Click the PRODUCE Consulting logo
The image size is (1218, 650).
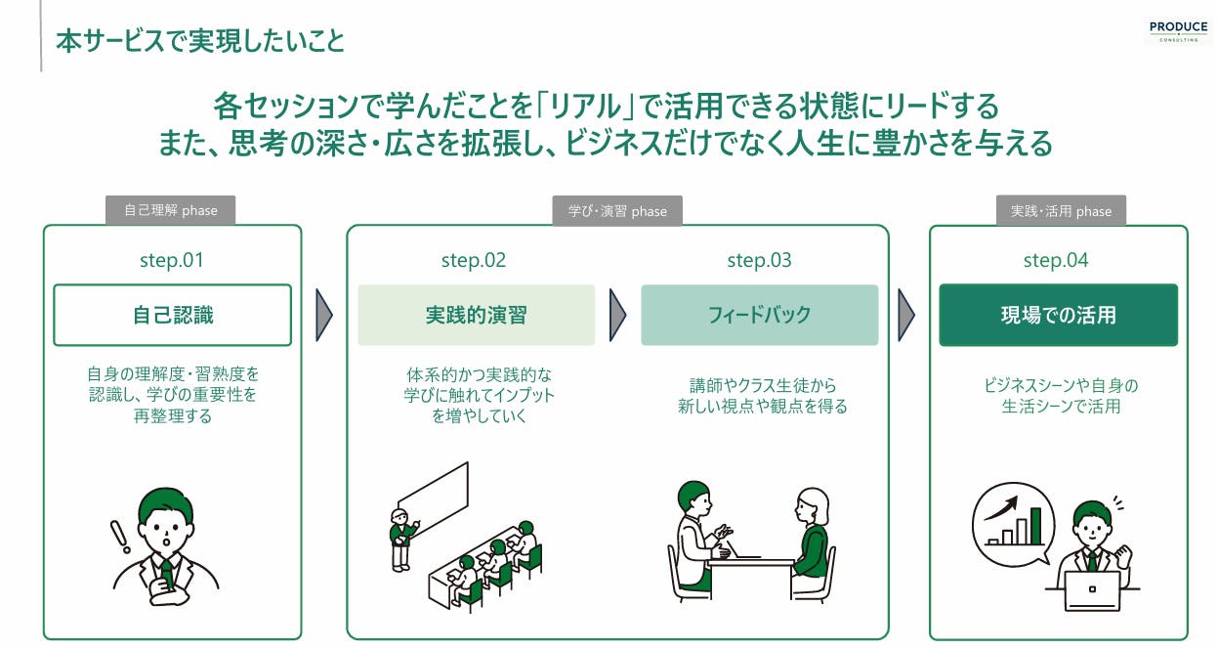(1178, 31)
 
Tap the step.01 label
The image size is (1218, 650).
(172, 260)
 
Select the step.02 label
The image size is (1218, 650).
(474, 260)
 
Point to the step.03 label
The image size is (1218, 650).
(759, 260)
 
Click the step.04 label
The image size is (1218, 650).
(1056, 260)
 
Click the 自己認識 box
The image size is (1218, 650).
(172, 315)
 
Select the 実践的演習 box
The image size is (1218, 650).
(477, 315)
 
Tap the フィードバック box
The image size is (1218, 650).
(760, 315)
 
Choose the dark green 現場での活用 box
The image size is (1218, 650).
(1058, 315)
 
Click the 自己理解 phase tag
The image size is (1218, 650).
(170, 210)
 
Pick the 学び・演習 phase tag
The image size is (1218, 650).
(617, 210)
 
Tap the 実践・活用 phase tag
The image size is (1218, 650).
(1061, 210)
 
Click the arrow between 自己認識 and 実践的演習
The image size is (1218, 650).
(323, 315)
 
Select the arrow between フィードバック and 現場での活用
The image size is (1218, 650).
(905, 315)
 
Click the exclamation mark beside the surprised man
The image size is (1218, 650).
(119, 537)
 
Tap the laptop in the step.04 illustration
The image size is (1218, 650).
(1092, 590)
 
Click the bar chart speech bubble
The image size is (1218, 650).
(1014, 523)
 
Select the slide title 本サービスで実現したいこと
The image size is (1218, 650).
(200, 41)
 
